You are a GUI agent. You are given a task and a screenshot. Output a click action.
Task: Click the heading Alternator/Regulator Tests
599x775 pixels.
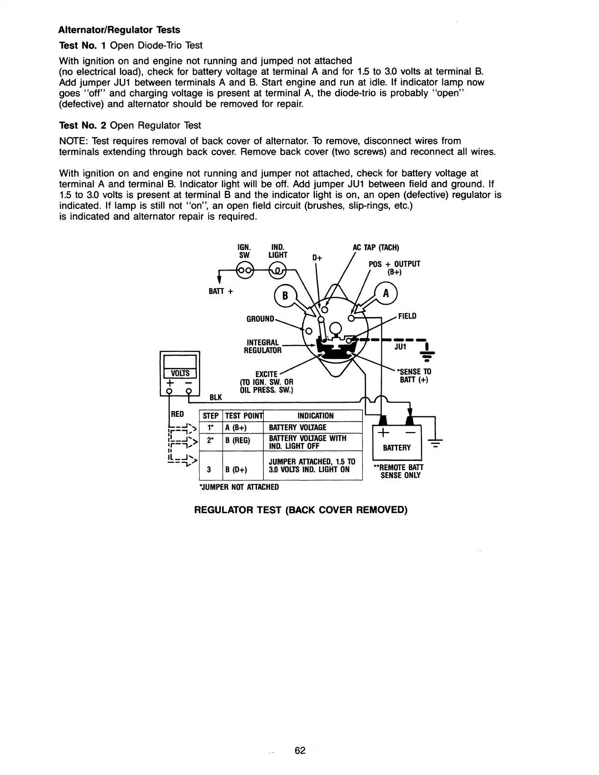(x=119, y=30)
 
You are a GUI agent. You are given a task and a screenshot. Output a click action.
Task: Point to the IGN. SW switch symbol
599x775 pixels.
(x=244, y=271)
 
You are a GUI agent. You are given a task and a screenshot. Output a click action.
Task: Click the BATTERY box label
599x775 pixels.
(x=397, y=448)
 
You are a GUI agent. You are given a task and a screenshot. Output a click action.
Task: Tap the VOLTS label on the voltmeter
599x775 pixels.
(x=180, y=372)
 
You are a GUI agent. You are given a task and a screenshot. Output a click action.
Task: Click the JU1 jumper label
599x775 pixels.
(x=401, y=346)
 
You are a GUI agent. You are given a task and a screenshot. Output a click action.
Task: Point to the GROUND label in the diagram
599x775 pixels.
(x=260, y=319)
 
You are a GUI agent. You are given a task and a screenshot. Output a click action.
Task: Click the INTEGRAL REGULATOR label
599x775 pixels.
(x=262, y=346)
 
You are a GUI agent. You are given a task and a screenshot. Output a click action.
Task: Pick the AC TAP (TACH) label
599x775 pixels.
(x=376, y=248)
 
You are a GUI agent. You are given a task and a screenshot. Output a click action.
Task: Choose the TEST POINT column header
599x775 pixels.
(x=243, y=416)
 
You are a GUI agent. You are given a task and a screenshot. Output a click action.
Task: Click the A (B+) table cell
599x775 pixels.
(x=236, y=428)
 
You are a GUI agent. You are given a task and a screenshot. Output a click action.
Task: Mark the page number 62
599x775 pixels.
(x=300, y=751)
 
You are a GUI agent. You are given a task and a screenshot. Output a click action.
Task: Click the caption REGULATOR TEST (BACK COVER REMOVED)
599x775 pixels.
(x=301, y=510)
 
